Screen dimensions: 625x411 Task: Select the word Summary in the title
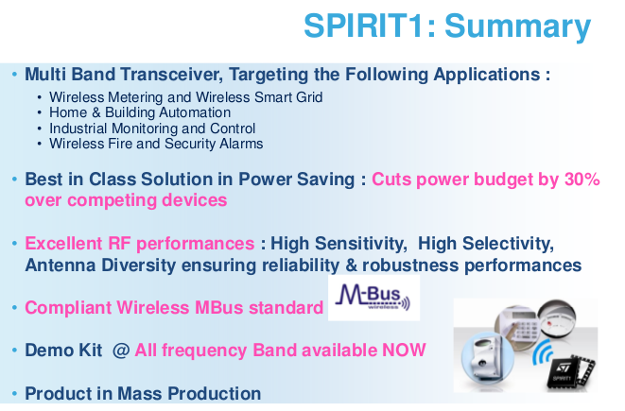[517, 28]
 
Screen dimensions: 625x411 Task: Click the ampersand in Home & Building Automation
[96, 112]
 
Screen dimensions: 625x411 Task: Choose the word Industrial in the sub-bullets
[78, 128]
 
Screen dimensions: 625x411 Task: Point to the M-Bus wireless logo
[373, 298]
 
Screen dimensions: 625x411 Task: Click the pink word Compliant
[68, 308]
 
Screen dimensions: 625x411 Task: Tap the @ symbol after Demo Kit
[121, 351]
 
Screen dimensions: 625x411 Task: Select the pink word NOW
[404, 351]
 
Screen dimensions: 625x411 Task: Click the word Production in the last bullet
[214, 393]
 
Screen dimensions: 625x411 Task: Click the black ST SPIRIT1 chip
[569, 372]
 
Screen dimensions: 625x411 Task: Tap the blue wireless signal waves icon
[543, 352]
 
